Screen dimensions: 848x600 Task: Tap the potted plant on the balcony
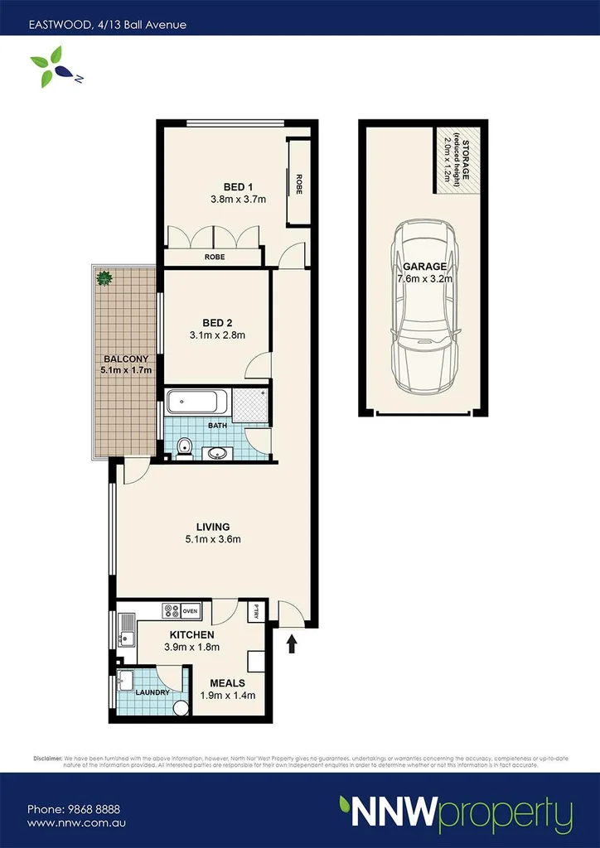[104, 278]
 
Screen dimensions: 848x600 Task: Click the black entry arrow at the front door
[291, 643]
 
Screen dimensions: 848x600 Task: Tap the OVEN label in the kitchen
[191, 611]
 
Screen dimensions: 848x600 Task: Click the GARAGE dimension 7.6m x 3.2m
[424, 279]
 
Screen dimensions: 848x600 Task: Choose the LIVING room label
[213, 527]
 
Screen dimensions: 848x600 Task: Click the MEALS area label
[227, 682]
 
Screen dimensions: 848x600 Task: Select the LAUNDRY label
[152, 692]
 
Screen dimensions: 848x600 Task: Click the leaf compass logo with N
[51, 66]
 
